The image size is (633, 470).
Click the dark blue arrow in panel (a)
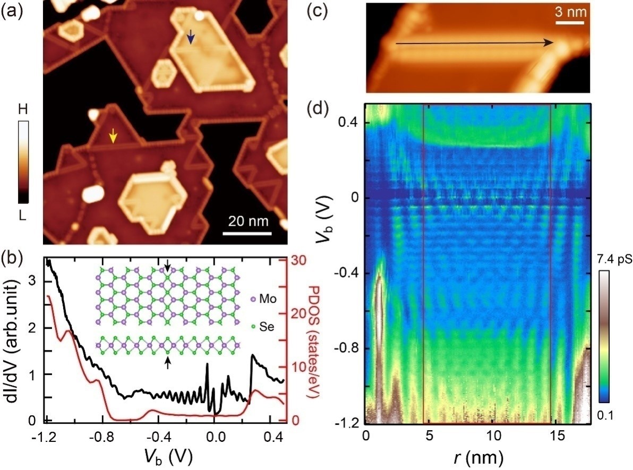[x=191, y=37]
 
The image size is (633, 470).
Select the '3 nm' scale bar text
[x=570, y=12]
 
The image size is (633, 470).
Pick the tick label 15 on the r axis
[x=552, y=435]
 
